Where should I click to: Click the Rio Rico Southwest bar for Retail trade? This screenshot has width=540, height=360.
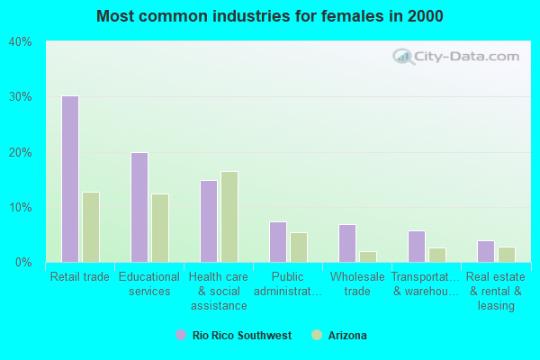click(x=69, y=179)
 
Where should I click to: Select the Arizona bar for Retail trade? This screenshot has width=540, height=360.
click(x=90, y=227)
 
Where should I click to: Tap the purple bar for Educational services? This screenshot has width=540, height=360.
click(x=139, y=207)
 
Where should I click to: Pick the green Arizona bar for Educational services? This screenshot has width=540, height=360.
click(x=159, y=228)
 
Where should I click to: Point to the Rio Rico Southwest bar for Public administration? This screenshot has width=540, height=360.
click(x=277, y=242)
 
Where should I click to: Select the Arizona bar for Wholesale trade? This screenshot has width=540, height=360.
click(x=368, y=256)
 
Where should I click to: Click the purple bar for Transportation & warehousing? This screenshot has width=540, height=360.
click(x=416, y=247)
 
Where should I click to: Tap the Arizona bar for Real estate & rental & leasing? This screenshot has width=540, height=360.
click(x=507, y=255)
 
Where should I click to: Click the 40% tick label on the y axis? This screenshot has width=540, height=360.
click(x=21, y=42)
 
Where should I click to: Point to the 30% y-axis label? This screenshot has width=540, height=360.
click(x=21, y=97)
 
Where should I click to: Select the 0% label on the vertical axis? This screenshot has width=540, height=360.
click(x=23, y=263)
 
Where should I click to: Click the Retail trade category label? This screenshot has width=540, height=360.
click(x=80, y=277)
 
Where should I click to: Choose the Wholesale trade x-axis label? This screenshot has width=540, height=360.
click(x=357, y=284)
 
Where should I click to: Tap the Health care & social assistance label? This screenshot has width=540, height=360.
click(x=219, y=292)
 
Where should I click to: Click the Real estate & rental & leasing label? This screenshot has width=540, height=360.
click(x=496, y=292)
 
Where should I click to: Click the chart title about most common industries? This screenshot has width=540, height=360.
click(x=270, y=16)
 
